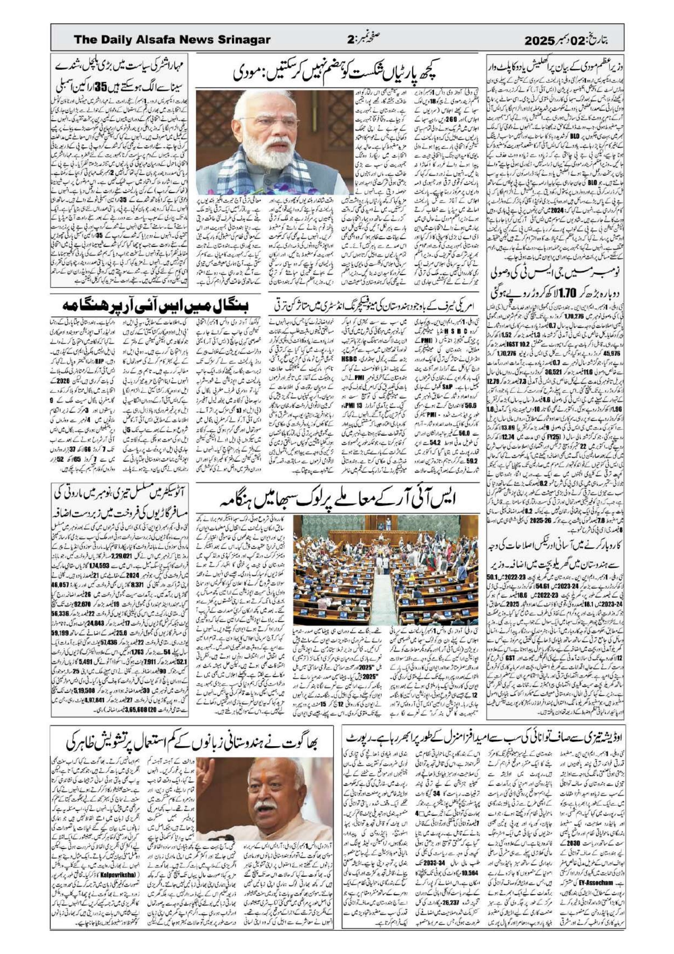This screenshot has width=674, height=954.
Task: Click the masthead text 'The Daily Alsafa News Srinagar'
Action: [172, 40]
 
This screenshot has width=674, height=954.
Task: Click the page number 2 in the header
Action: [350, 40]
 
